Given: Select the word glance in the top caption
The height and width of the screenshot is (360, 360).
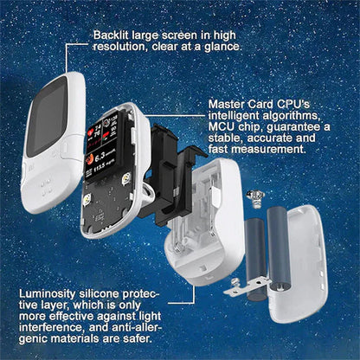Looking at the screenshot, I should click(220, 48).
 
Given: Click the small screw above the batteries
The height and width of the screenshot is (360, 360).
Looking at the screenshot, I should click(256, 196).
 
